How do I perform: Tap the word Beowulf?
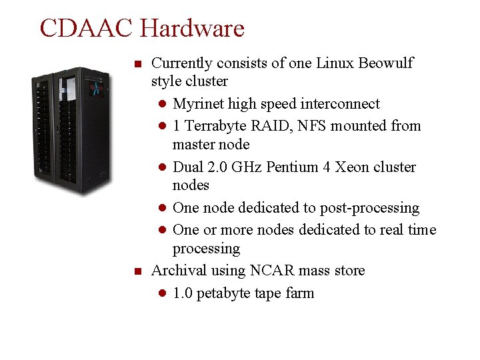pyautogui.click(x=386, y=63)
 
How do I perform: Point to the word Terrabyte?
pyautogui.click(x=215, y=126)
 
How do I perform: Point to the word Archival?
pyautogui.click(x=179, y=271)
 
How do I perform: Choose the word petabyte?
pyautogui.click(x=226, y=293)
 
